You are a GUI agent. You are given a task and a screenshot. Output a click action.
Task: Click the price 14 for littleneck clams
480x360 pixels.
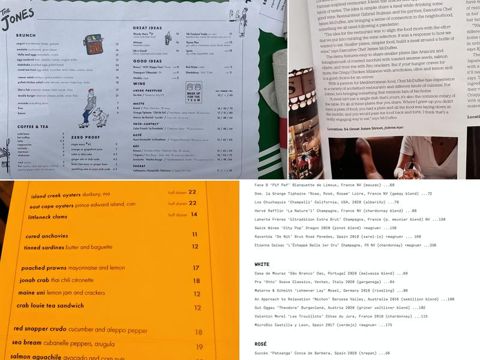194,214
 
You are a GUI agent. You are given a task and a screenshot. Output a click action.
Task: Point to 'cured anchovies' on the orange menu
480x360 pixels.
46,236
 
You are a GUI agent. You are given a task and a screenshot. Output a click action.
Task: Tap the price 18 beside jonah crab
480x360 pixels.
196,281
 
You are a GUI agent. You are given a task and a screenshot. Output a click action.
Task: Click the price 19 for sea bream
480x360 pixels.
199,347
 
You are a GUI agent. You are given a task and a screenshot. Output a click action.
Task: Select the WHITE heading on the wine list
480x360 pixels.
262,264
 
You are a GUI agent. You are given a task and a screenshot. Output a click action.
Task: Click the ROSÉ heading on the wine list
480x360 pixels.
260,344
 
